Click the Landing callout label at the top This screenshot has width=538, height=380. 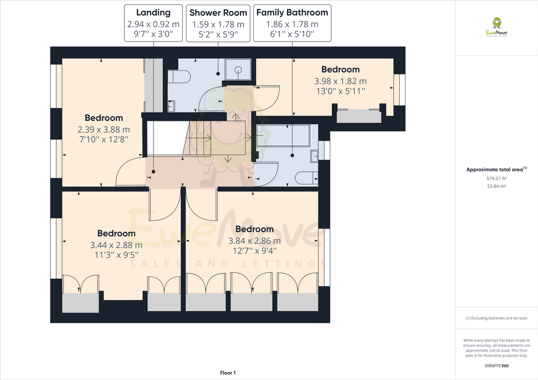(x=153, y=12)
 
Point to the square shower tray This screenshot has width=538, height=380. (x=238, y=69)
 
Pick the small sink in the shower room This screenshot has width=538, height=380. (x=171, y=105)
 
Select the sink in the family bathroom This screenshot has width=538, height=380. (x=314, y=156)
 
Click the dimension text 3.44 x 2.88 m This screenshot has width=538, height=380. (x=116, y=245)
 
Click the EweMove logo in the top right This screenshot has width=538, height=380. (x=496, y=27)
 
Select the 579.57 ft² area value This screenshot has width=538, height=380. (x=496, y=178)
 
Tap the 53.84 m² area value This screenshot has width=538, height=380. (x=496, y=186)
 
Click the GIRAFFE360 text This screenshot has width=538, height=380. (x=496, y=366)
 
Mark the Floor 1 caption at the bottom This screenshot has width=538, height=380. (x=228, y=373)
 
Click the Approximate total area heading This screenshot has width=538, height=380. (x=496, y=170)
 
